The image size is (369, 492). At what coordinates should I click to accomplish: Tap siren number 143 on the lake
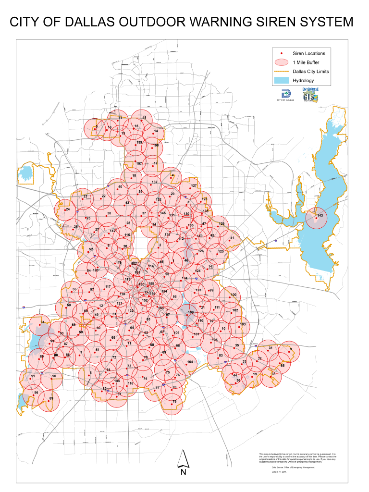pyautogui.click(x=320, y=216)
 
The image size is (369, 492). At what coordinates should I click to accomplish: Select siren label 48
pyautogui.click(x=144, y=118)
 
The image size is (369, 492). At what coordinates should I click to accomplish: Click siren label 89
pyautogui.click(x=51, y=398)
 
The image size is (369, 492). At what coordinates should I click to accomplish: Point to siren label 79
pyautogui.click(x=174, y=401)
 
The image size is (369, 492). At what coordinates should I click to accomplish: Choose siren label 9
pyautogui.click(x=291, y=349)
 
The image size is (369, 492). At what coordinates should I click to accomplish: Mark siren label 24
pyautogui.click(x=68, y=209)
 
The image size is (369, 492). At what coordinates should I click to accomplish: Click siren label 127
pyautogui.click(x=194, y=185)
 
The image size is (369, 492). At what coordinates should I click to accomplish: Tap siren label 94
pyautogui.click(x=42, y=322)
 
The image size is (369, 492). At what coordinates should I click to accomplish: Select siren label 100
pyautogui.click(x=234, y=295)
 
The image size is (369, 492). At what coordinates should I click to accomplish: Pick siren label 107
pyautogui.click(x=139, y=163)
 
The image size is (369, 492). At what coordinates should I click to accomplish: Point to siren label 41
pyautogui.click(x=232, y=238)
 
